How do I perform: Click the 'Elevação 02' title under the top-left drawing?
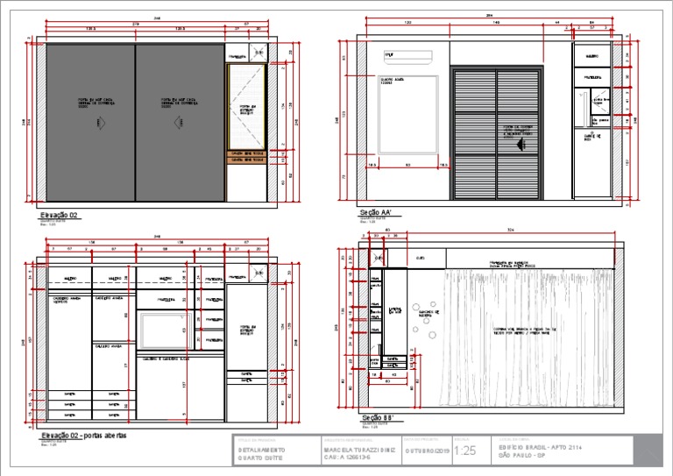(60, 213)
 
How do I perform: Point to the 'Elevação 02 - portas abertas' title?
(84, 436)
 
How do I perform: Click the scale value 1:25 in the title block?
(464, 451)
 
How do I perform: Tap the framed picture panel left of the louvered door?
(407, 115)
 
